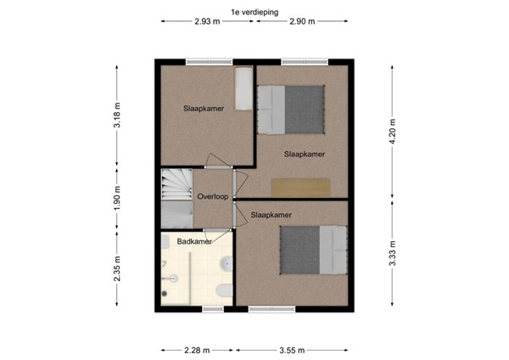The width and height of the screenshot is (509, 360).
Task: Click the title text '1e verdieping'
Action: [x=255, y=11]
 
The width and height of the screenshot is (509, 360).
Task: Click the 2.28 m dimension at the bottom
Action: [x=197, y=349]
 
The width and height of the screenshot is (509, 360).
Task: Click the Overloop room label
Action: [x=212, y=197]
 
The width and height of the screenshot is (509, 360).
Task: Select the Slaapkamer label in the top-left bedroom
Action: [x=204, y=109]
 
